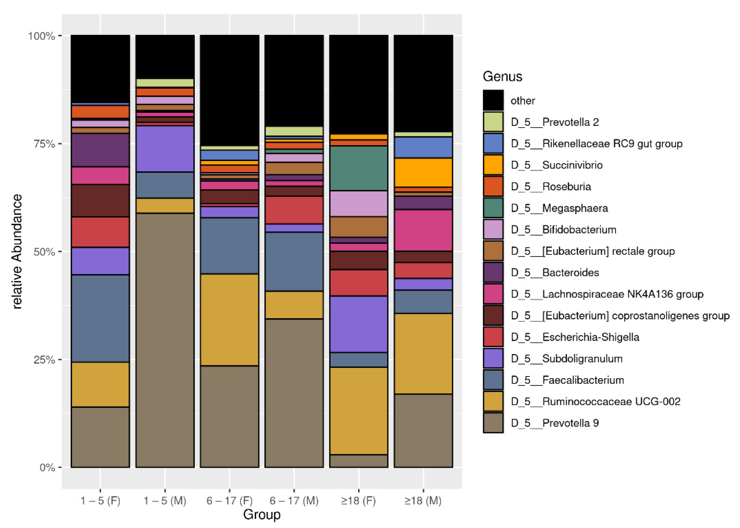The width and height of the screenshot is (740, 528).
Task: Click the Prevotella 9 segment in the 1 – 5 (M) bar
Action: [x=165, y=340]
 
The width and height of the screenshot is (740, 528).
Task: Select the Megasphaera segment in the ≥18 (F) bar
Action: [x=358, y=168]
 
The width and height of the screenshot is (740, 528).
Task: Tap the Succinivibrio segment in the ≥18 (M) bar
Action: [x=423, y=172]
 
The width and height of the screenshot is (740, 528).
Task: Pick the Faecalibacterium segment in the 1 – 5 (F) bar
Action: [x=100, y=318]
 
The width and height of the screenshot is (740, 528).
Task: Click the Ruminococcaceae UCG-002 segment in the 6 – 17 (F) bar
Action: [x=229, y=319]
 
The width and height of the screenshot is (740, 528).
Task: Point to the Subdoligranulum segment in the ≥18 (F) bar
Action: [x=358, y=324]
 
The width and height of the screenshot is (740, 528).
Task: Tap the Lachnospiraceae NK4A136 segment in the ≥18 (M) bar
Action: [x=423, y=230]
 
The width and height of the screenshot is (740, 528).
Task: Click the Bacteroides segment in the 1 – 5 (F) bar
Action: [x=100, y=150]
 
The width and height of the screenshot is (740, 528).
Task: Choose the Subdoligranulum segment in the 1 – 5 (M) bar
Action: [x=165, y=149]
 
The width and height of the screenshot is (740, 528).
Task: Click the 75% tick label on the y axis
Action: [x=44, y=144]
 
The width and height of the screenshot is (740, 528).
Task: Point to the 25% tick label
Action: [x=44, y=360]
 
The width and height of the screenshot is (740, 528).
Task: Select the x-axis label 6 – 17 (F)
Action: [x=229, y=500]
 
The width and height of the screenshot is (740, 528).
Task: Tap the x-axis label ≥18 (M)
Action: [x=423, y=500]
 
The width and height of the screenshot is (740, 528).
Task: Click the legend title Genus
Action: [x=502, y=76]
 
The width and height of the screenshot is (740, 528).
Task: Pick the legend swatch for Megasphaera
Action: [x=493, y=208]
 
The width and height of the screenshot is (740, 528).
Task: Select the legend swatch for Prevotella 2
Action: [x=493, y=122]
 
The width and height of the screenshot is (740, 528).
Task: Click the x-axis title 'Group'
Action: [x=262, y=515]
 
